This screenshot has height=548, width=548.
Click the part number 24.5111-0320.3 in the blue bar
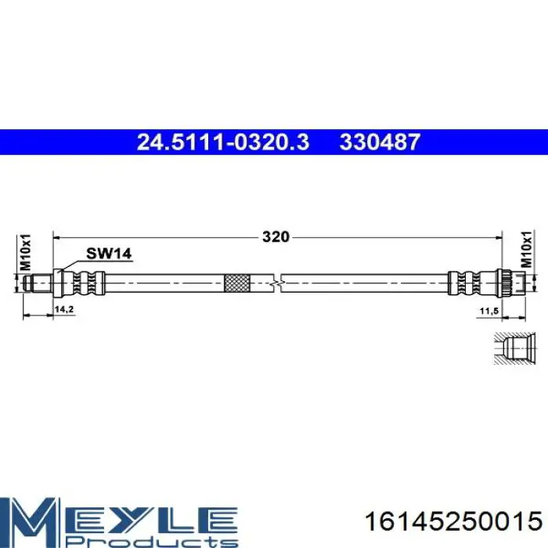[x=223, y=142]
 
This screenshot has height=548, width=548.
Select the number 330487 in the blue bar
[x=380, y=142]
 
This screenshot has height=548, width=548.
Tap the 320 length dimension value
[x=276, y=237]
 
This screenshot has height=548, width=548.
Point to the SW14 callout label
[x=109, y=254]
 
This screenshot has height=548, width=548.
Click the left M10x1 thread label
[x=26, y=252]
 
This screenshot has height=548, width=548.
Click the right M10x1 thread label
[x=526, y=249]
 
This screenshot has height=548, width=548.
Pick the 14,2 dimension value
[x=64, y=309]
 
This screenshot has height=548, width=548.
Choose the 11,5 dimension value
[x=489, y=310]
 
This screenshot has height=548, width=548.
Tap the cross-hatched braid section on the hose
[x=237, y=283]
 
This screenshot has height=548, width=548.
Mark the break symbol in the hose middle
[x=276, y=283]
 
